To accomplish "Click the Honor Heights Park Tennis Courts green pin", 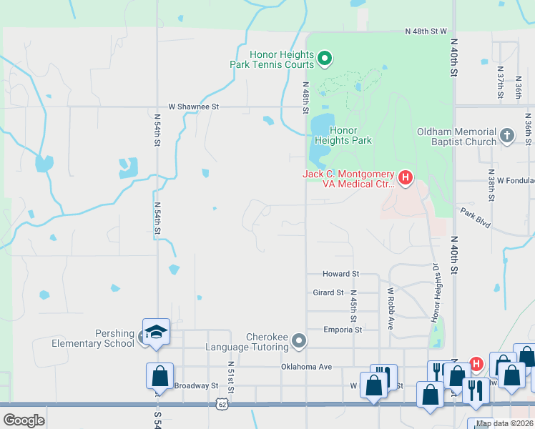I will (324, 58).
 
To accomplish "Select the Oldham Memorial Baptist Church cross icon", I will (506, 136).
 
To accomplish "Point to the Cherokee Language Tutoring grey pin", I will (299, 341).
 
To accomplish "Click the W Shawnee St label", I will (192, 107).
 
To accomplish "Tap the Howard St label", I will (340, 274).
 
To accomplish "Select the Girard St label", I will (328, 292).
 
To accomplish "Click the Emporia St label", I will (343, 330).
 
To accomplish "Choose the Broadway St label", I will (196, 385).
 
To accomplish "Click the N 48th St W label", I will (426, 32).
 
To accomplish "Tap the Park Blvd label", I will (476, 218).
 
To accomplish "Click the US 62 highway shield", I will (224, 404).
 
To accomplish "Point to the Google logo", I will (24, 420).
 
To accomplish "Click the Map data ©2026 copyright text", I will (504, 423).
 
